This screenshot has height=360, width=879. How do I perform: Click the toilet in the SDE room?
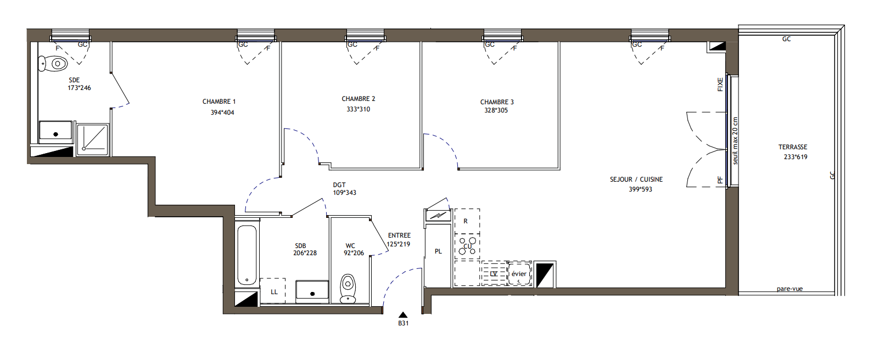[53, 64]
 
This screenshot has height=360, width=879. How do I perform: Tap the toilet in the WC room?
[348, 289]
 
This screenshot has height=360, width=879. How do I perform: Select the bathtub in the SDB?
[247, 255]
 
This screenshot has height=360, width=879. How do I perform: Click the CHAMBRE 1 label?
[219, 102]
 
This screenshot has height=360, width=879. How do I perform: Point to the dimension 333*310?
[359, 109]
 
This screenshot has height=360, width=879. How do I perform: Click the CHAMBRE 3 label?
[497, 102]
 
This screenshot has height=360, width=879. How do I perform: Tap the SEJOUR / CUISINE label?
[636, 179]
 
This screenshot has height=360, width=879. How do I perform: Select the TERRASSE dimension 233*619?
[796, 157]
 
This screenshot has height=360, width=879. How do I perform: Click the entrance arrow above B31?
[403, 314]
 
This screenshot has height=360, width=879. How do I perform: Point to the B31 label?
[404, 323]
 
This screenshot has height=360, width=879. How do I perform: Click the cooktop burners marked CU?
[467, 246]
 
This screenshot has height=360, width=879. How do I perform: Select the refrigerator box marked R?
[467, 221]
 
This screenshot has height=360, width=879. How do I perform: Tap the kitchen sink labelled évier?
[519, 274]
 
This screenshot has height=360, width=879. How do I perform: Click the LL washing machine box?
[273, 291]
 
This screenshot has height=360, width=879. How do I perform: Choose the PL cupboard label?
[438, 251]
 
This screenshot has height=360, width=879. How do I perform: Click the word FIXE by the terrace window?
[720, 85]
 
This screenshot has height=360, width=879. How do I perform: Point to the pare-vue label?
[790, 289]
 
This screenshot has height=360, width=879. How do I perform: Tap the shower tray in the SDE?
[93, 139]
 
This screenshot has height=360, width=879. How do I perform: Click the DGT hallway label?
[339, 185]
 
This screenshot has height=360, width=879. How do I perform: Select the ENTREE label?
[400, 235]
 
